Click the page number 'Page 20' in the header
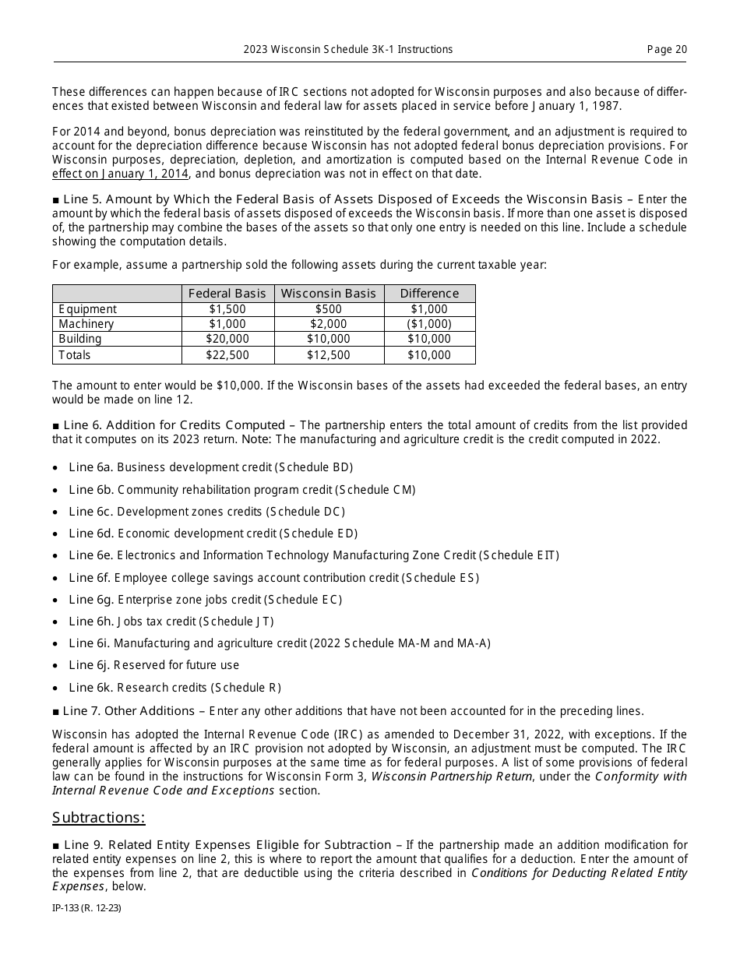pyautogui.click(x=667, y=49)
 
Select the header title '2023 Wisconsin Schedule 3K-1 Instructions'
pyautogui.click(x=347, y=49)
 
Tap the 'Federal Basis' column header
pyautogui.click(x=227, y=294)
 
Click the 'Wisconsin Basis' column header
pyautogui.click(x=328, y=294)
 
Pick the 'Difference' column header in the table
pyautogui.click(x=429, y=294)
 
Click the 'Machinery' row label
pyautogui.click(x=86, y=324)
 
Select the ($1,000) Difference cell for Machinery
pyautogui.click(x=429, y=324)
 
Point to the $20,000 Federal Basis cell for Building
pyautogui.click(x=227, y=339)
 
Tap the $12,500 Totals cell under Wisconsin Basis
pyautogui.click(x=328, y=355)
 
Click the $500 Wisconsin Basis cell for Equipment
pyautogui.click(x=328, y=309)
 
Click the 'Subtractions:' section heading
pyautogui.click(x=99, y=818)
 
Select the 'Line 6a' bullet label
pyautogui.click(x=90, y=467)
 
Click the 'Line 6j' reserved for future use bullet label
pyautogui.click(x=90, y=665)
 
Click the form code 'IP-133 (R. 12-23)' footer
pyautogui.click(x=86, y=907)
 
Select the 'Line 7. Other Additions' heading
pyautogui.click(x=129, y=711)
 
